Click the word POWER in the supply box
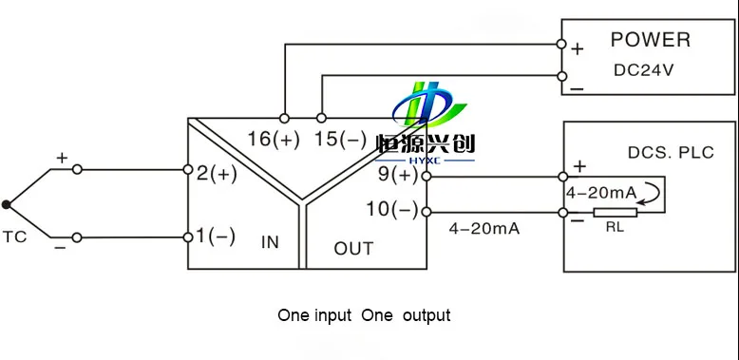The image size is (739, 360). [x=651, y=40]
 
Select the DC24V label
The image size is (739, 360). [x=644, y=70]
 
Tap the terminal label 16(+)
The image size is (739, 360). [x=274, y=140]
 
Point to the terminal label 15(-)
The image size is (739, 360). [x=340, y=140]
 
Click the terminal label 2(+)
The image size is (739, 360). [x=217, y=174]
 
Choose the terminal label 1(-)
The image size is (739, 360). [x=215, y=237]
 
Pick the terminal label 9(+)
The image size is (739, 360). [x=398, y=176]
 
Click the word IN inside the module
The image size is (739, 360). [x=270, y=242]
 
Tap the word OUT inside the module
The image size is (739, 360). [x=353, y=248]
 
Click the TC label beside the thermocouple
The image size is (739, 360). [x=14, y=237]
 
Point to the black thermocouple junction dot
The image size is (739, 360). [x=6, y=204]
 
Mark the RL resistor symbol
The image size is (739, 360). [x=616, y=213]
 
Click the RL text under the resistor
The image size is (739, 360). [x=615, y=228]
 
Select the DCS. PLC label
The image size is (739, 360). [x=671, y=153]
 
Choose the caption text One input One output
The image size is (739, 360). [x=364, y=315]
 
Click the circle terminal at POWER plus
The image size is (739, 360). [x=561, y=44]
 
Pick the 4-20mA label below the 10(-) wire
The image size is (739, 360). [x=484, y=229]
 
